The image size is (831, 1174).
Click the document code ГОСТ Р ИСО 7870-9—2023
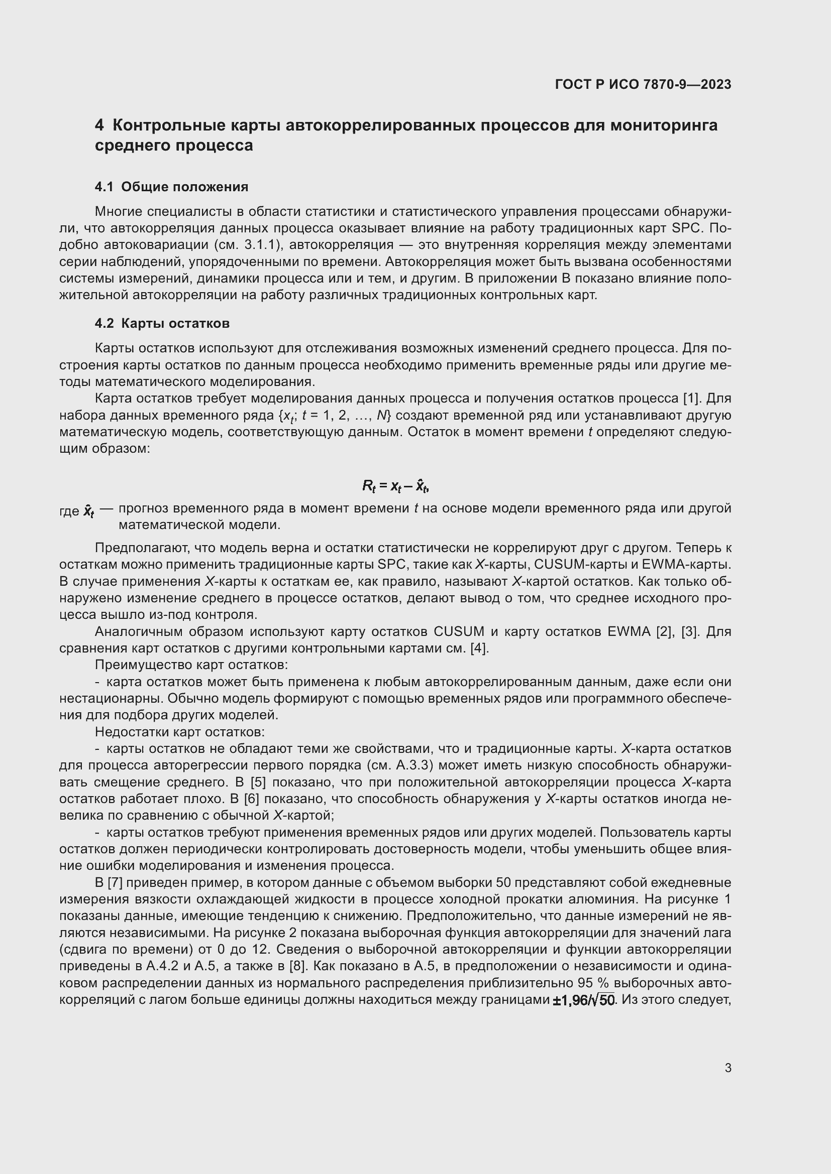pos(643,84)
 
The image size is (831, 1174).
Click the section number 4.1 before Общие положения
pos(104,187)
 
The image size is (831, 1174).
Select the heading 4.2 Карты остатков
pos(162,323)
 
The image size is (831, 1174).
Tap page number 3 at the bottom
pos(728,1068)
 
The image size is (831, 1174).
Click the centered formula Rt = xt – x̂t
pos(395,486)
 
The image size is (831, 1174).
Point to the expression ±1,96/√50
pos(584,1000)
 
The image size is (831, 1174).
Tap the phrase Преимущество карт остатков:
pos(191,665)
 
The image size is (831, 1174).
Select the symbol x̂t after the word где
pos(89,510)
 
